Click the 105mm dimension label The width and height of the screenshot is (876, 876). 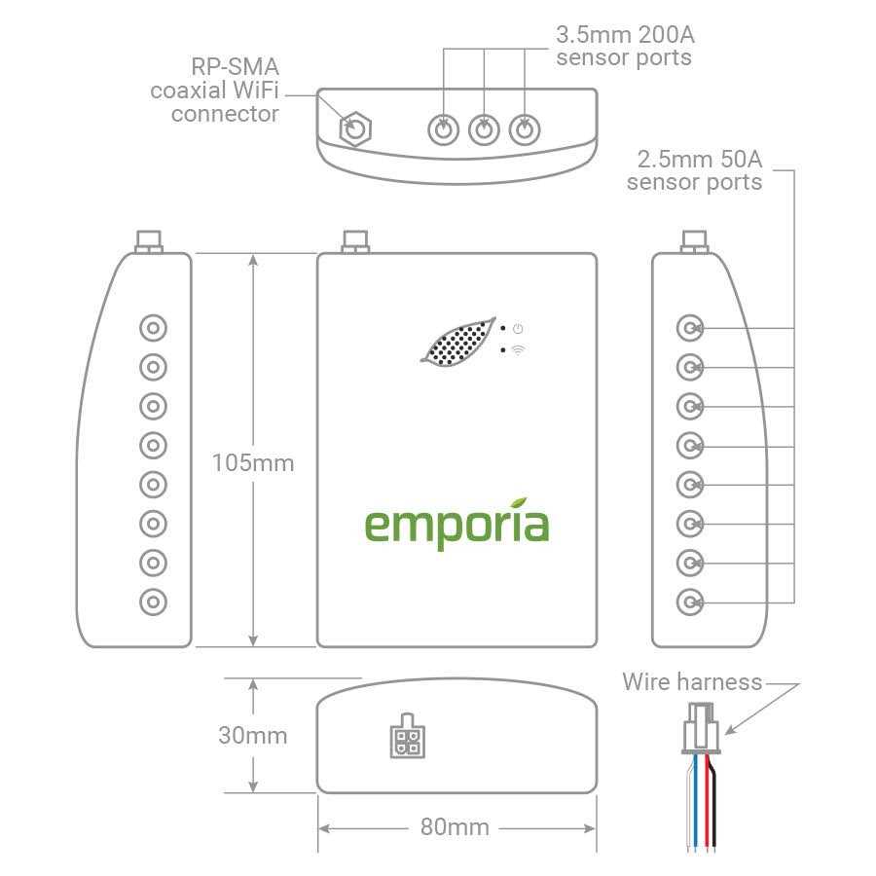click(x=252, y=462)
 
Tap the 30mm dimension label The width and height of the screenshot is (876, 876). click(x=252, y=735)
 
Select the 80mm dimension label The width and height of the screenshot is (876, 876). click(x=455, y=827)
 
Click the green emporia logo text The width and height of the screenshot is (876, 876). click(x=456, y=525)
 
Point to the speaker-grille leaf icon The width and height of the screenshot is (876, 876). click(x=456, y=343)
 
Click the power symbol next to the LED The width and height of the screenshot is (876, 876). click(x=518, y=329)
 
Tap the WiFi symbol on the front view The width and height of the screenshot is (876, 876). click(x=518, y=350)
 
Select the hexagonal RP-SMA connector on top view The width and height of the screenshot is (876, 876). click(x=357, y=128)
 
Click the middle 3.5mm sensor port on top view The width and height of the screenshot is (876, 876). click(x=484, y=128)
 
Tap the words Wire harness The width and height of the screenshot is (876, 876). click(x=692, y=681)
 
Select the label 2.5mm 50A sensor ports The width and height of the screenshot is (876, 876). click(x=694, y=170)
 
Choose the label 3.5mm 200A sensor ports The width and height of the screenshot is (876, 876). click(x=625, y=46)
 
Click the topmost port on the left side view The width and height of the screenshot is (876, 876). click(x=153, y=328)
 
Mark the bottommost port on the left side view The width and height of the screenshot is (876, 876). click(x=153, y=602)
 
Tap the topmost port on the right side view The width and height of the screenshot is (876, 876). click(x=690, y=328)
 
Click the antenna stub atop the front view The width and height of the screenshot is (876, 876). click(x=354, y=240)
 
